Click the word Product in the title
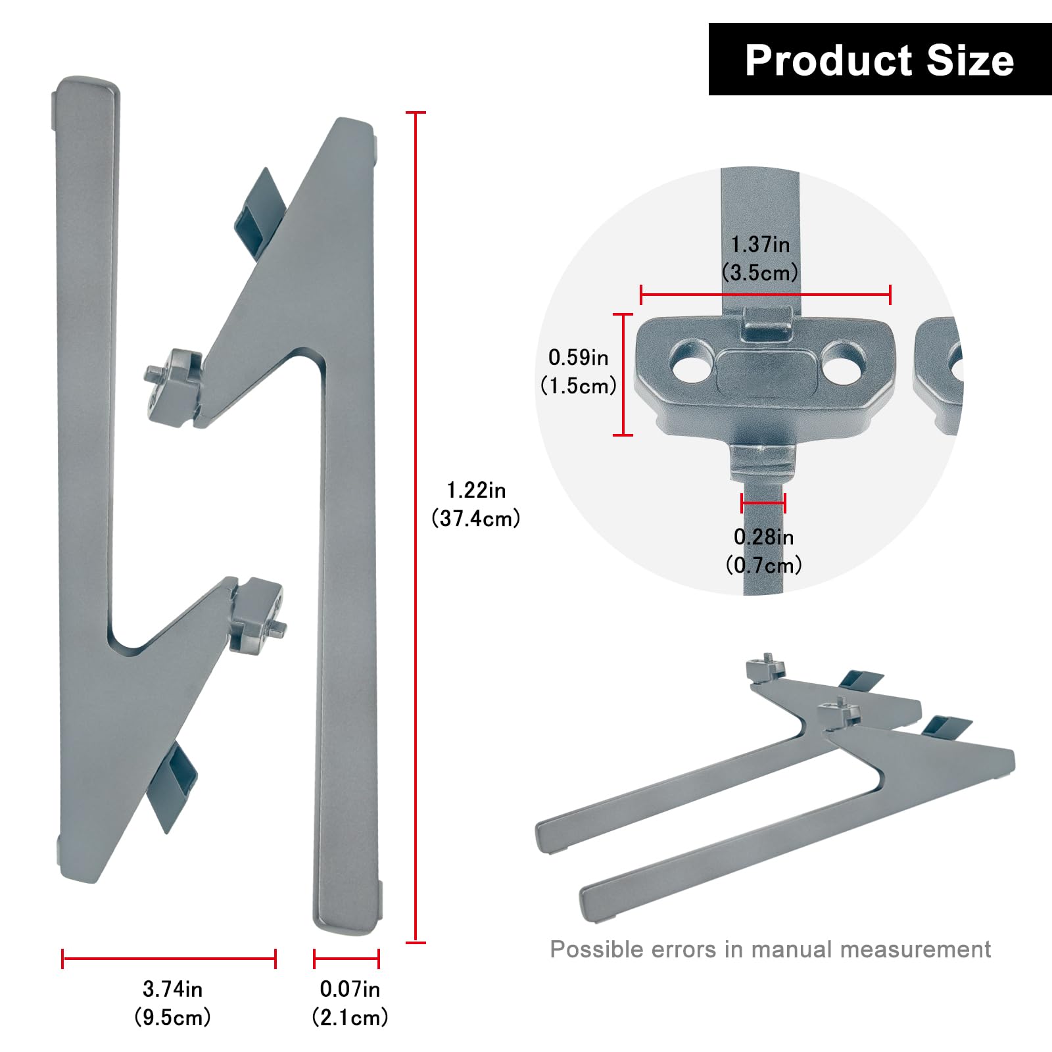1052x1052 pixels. point(830,60)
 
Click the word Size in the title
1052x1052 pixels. point(970,60)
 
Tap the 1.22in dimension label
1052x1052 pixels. point(476,490)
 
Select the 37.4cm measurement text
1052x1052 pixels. point(476,519)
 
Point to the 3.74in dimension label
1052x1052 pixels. point(172,989)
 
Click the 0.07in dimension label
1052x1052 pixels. point(350,989)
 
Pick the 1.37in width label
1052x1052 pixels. point(760,245)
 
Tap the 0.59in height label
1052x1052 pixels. point(579,358)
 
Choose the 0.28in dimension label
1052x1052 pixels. point(763,537)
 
